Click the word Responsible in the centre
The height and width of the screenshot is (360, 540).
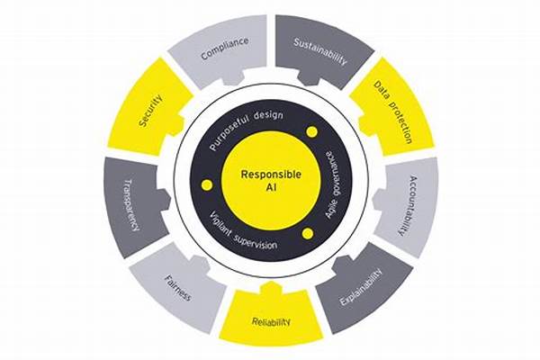[270, 175]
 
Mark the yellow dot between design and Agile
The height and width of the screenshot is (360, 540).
[312, 131]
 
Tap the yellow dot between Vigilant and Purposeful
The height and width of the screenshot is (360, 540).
[206, 184]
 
